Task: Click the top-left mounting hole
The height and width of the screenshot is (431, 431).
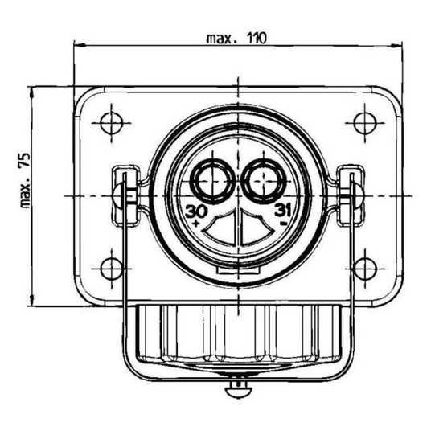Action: [x=111, y=123]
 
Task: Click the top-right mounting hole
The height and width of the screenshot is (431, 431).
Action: [x=365, y=123]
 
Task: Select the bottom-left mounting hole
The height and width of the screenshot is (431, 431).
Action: [x=111, y=269]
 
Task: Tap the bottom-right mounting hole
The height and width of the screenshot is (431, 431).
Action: [x=365, y=269]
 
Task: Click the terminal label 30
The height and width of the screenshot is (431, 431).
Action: [x=196, y=211]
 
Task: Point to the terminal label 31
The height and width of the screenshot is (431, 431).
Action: [x=282, y=211]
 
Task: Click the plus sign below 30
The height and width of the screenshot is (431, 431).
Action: [x=196, y=223]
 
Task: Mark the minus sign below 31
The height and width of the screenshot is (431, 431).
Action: [x=284, y=223]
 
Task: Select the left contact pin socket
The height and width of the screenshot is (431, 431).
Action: [x=212, y=182]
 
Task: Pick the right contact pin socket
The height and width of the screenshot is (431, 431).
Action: [x=264, y=182]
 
